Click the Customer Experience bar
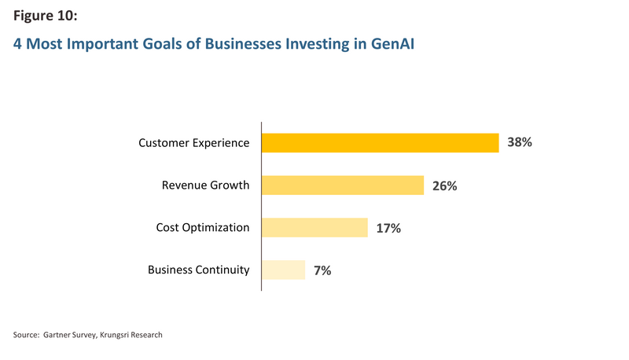pos(381,143)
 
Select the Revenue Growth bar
pos(343,186)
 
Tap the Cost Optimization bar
pos(314,227)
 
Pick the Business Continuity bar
pos(283,270)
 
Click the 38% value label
pos(520,142)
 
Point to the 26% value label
pos(444,186)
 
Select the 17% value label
pos(388,229)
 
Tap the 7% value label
pos(322,270)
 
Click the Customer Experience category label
pos(193,143)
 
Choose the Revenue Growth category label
pos(205,186)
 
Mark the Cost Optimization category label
pos(203,228)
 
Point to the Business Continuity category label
pos(199,270)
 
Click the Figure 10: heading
pos(46,16)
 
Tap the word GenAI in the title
pos(392,43)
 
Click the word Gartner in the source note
pos(56,335)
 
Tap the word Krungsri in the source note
pos(114,335)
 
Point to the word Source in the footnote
pos(26,335)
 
